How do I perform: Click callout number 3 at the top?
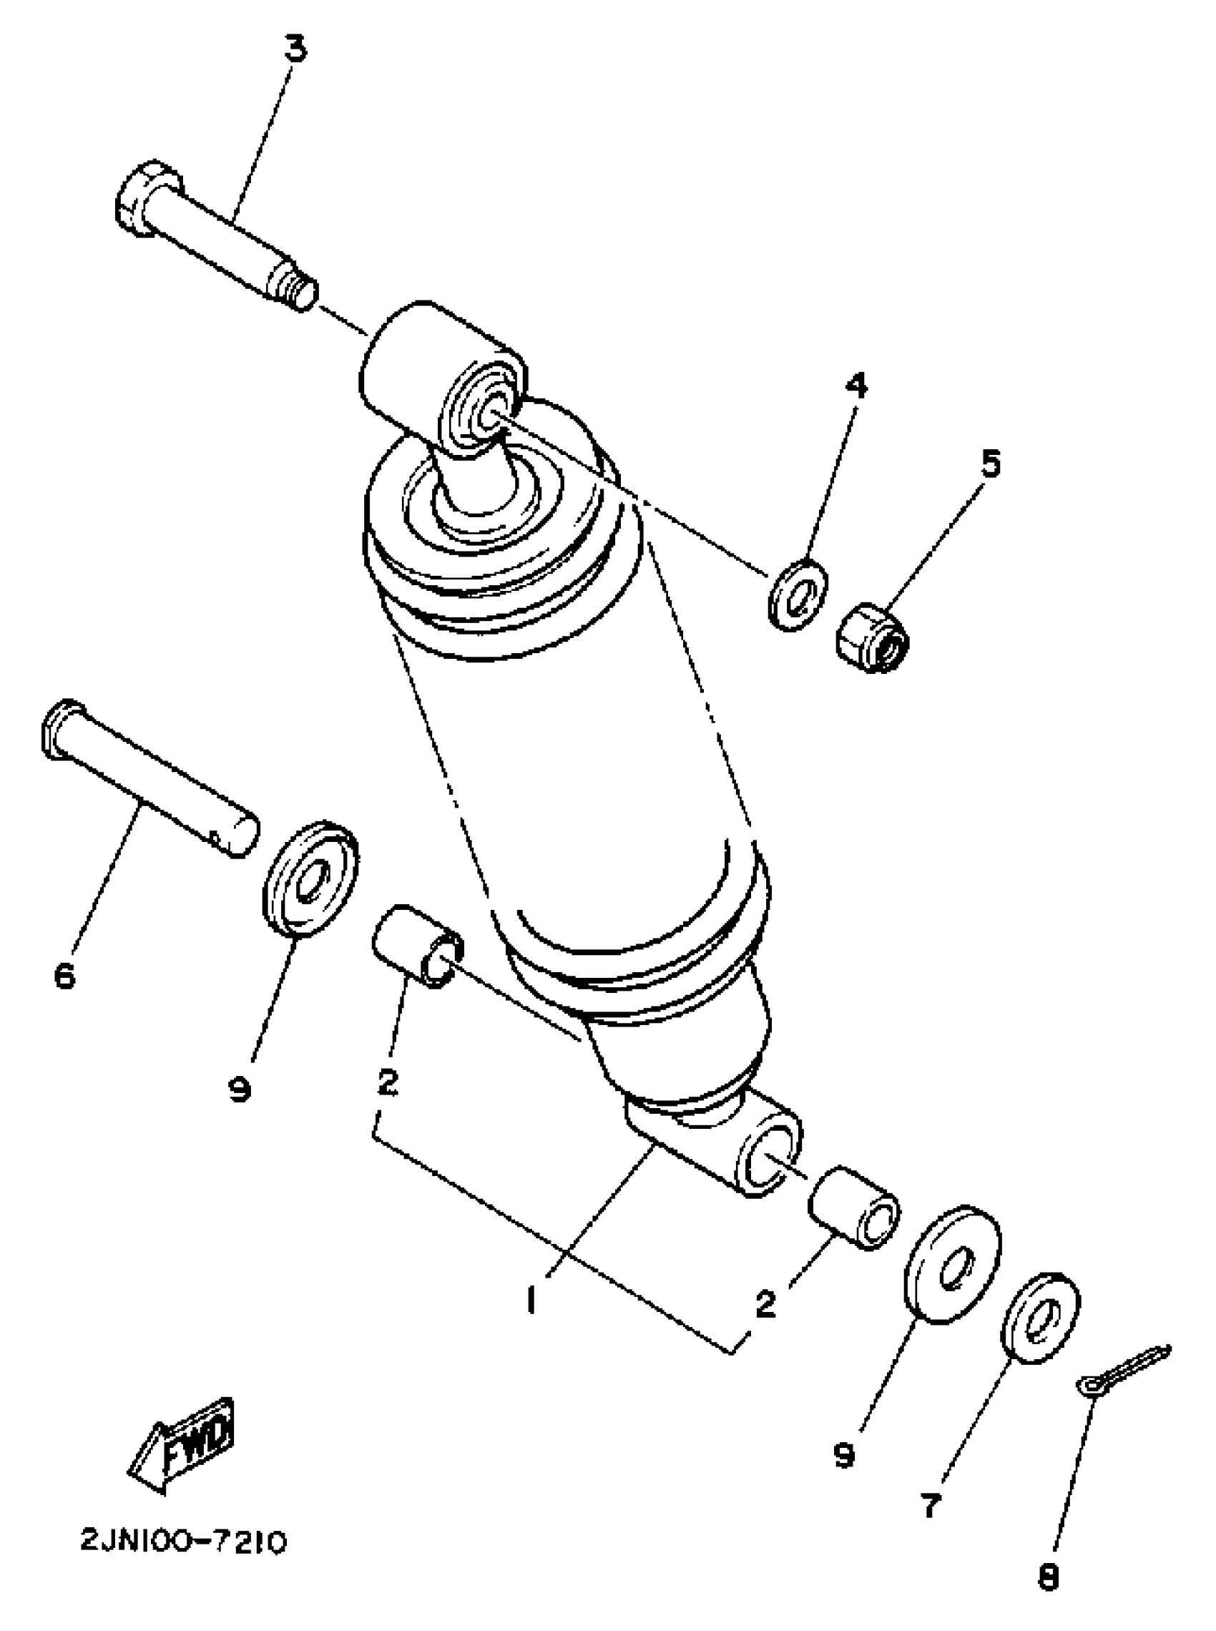tap(295, 50)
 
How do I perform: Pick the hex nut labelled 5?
tap(873, 637)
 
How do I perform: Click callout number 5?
tap(991, 464)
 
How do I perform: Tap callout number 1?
tap(531, 1301)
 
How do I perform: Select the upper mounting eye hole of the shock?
tap(487, 414)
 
